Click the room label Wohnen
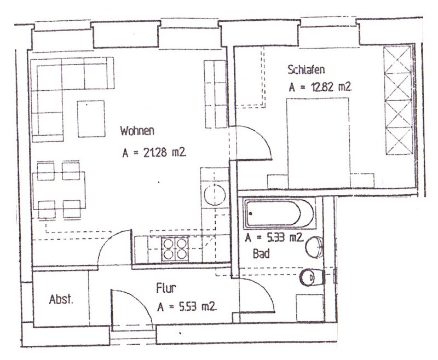click(137, 131)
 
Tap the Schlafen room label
click(306, 69)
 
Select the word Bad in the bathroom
click(261, 254)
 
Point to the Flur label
click(166, 288)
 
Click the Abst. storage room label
click(61, 299)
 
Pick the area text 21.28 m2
click(165, 153)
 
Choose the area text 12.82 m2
click(331, 87)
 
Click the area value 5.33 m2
click(285, 238)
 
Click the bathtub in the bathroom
click(279, 213)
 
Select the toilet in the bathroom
click(312, 277)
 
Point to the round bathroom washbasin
click(314, 247)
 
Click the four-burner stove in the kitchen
click(175, 249)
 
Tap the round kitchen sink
click(215, 195)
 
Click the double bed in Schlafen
click(319, 143)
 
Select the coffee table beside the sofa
click(91, 119)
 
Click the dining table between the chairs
click(59, 190)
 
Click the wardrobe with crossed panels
click(399, 101)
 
